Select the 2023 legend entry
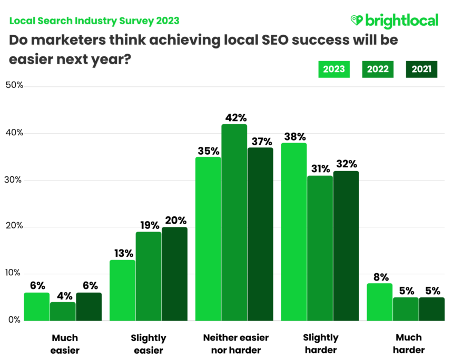[x=334, y=69]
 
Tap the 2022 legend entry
[x=378, y=69]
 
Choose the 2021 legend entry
[x=421, y=69]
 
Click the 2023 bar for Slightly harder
[x=294, y=232]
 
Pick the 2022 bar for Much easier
[x=63, y=311]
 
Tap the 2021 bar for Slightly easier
[x=174, y=274]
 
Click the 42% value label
[x=234, y=117]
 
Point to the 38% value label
[x=294, y=136]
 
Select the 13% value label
[x=122, y=253]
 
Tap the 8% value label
[x=380, y=276]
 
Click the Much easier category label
[x=65, y=344]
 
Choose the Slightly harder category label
[x=321, y=344]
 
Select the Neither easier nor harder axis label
[x=235, y=344]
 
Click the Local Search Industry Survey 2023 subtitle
[x=94, y=21]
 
